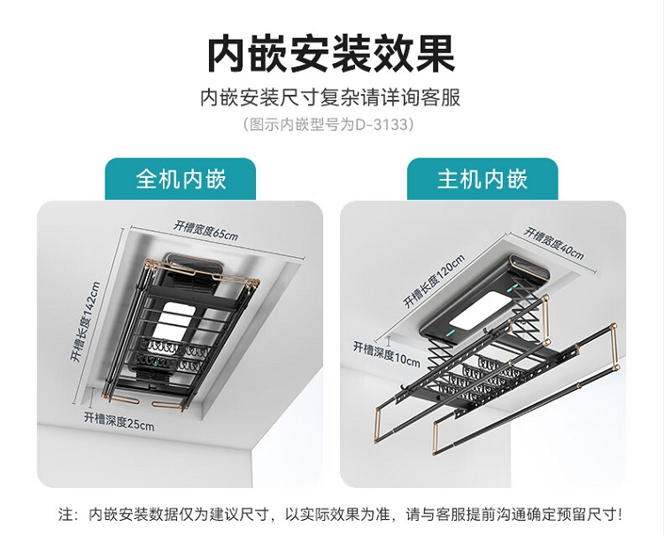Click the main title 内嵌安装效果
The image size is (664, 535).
pos(331,54)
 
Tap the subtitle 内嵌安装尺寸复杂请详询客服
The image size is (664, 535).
pos(330,97)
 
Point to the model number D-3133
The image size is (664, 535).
pos(382,125)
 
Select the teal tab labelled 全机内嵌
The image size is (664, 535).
pos(181,179)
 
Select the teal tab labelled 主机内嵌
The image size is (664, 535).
pos(483,179)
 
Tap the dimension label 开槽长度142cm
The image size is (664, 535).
pos(86,322)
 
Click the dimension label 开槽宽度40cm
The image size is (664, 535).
pos(554,244)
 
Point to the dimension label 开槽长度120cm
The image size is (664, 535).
pos(434,282)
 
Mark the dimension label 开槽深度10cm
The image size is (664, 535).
pos(387,354)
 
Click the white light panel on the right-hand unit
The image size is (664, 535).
pos(478,311)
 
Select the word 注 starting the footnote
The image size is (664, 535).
pos(66,515)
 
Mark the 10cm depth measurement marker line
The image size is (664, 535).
pos(390,339)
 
